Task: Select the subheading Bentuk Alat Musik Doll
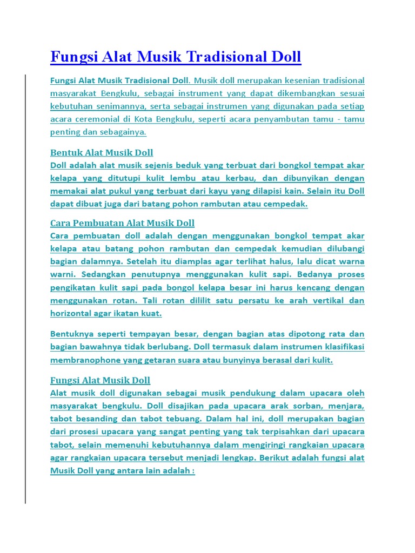click(x=102, y=152)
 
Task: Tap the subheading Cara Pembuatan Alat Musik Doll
click(x=122, y=223)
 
